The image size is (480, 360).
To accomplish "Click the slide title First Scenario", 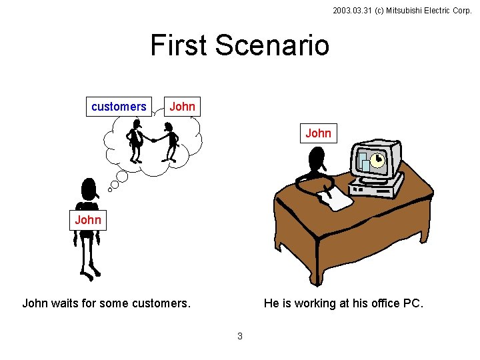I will point(239,45).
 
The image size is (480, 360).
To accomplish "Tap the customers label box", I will point(119,107).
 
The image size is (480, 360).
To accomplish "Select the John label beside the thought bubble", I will point(182,107).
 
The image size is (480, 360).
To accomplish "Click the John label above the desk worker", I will point(318,133).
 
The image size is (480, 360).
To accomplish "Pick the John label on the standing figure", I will point(88,220).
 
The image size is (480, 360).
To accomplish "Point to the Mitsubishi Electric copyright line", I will point(401,11).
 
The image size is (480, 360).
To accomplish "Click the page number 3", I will point(240,336).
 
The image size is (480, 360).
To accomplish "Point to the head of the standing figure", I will point(87,191).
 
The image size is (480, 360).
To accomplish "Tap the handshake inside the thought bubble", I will point(153,140).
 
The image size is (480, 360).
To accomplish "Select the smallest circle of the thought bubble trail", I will point(110,189).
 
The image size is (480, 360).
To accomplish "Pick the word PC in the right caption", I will point(412,304).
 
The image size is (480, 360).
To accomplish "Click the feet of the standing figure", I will point(90,273).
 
